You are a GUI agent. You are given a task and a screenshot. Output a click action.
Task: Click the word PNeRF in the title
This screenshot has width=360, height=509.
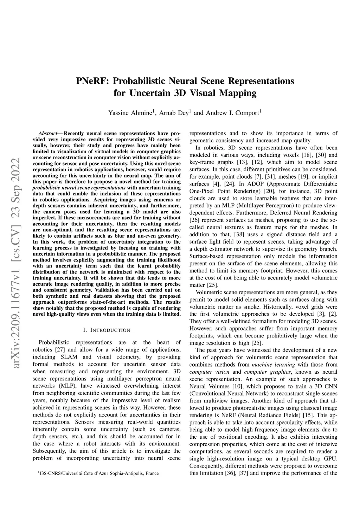pyautogui.click(x=92, y=81)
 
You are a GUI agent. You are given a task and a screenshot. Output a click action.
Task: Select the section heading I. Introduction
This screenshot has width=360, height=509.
pyautogui.click(x=107, y=330)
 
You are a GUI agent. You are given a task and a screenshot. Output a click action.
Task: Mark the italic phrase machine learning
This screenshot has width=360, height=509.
pyautogui.click(x=269, y=365)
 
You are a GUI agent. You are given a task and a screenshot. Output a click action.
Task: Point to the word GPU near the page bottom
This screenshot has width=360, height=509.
pyautogui.click(x=332, y=459)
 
